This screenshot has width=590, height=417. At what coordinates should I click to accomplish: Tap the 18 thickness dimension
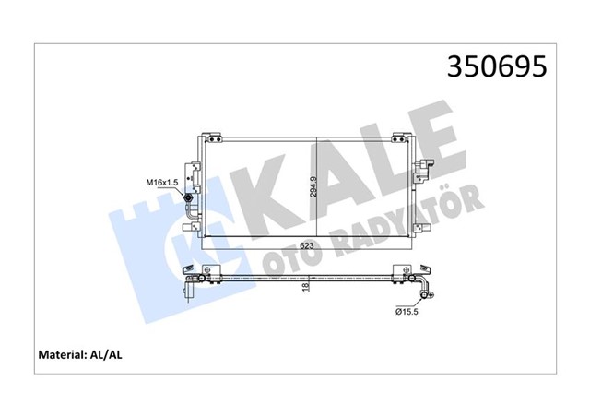[307, 288]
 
